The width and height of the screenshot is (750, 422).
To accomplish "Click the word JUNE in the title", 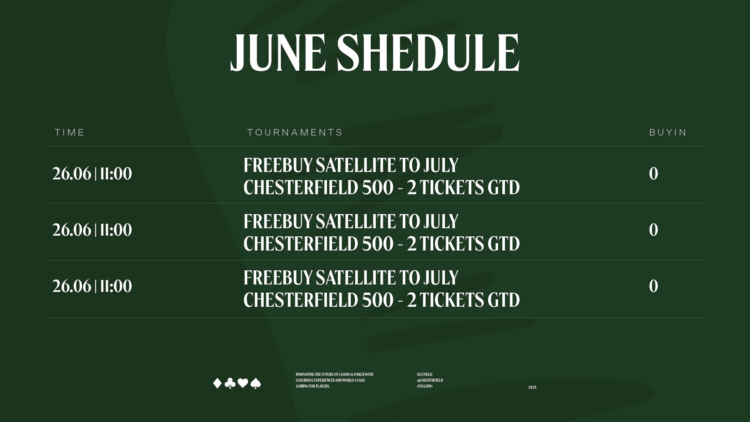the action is click(x=279, y=53).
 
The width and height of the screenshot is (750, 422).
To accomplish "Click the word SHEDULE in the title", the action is click(x=428, y=53).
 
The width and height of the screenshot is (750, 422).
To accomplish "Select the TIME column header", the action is click(x=70, y=132).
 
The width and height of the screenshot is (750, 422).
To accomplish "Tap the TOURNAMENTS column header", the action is click(x=295, y=132).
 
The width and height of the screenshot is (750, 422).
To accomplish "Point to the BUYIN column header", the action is click(x=668, y=132).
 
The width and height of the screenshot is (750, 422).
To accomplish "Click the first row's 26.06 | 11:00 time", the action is click(x=92, y=174).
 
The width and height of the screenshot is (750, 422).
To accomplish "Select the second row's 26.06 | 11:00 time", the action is click(x=92, y=230).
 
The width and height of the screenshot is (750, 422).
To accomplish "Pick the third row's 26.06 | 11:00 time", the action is click(x=92, y=286).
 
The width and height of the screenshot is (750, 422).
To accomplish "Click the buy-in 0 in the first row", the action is click(x=654, y=174).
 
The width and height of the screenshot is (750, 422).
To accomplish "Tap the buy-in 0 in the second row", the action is click(x=654, y=230).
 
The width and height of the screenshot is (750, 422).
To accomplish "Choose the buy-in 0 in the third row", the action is click(x=654, y=286).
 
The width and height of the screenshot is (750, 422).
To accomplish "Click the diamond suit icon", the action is click(x=217, y=383).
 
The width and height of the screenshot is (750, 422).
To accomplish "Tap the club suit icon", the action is click(x=230, y=383).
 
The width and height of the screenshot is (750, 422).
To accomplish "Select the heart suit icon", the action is click(x=243, y=383).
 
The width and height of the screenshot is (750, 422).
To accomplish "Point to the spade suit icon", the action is click(x=255, y=383).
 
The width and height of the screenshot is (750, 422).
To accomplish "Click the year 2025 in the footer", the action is click(x=532, y=388).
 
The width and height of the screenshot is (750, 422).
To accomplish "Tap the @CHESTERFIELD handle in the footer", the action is click(x=430, y=380).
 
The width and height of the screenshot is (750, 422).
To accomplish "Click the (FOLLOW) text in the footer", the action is click(x=425, y=386).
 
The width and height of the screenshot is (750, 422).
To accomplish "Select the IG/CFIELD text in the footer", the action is click(x=425, y=374).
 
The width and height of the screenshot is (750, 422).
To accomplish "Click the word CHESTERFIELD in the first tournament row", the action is click(x=301, y=188).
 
